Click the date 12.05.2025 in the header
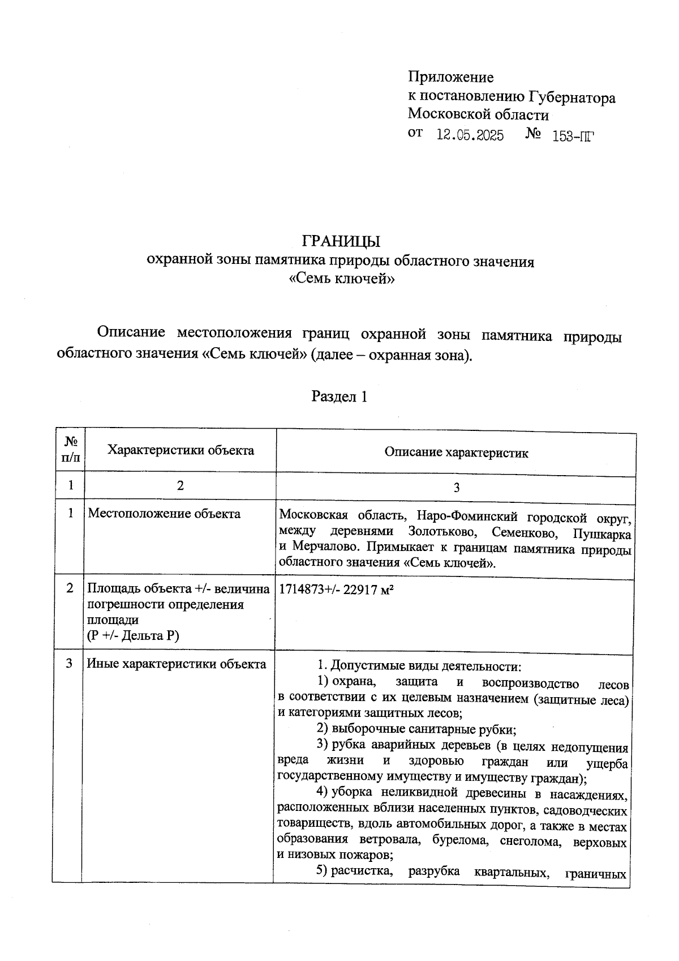tap(470, 136)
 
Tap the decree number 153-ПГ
tap(573, 136)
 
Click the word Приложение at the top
tap(451, 77)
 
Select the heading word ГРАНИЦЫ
tap(341, 242)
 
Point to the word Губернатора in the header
tap(572, 98)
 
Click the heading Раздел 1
tap(339, 396)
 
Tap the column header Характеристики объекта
tap(181, 450)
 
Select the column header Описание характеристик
tap(456, 452)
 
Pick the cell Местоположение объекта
tap(164, 514)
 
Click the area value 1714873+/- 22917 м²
tap(336, 589)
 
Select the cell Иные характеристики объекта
tap(176, 664)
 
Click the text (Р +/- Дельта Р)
tap(133, 635)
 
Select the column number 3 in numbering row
tap(456, 488)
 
